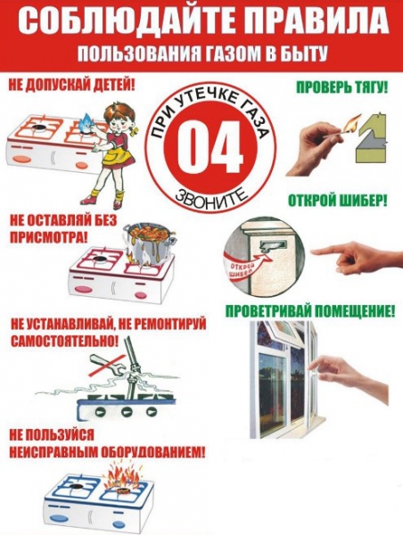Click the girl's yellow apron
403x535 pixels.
click(118, 157)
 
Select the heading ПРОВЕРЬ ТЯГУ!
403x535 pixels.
click(341, 89)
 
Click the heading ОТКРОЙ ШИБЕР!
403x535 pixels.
click(338, 201)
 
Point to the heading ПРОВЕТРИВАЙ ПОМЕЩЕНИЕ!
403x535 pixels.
click(310, 312)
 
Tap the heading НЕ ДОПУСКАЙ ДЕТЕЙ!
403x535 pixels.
click(71, 85)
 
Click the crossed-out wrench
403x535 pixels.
click(105, 365)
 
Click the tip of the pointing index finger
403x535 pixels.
click(313, 251)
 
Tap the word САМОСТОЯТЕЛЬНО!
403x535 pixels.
click(65, 342)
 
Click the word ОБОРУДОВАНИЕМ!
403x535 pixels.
click(152, 452)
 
